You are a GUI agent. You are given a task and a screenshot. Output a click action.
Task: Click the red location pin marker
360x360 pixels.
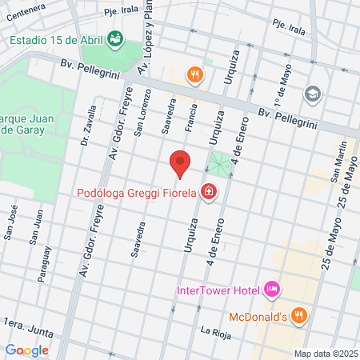[x=181, y=164]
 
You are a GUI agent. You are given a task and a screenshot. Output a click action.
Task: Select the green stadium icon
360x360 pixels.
[x=114, y=38]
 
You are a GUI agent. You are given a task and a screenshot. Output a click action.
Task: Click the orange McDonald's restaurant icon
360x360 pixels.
[x=298, y=314]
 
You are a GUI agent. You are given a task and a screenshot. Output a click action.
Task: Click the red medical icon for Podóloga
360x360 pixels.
[x=209, y=192]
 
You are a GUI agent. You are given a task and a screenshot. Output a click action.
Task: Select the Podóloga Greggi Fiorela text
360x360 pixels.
[x=137, y=193]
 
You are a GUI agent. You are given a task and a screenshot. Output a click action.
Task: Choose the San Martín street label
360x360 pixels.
[x=342, y=159]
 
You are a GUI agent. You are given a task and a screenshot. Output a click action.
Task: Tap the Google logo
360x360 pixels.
[x=26, y=350]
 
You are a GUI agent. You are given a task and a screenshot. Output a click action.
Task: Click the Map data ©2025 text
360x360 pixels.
[x=324, y=354]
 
